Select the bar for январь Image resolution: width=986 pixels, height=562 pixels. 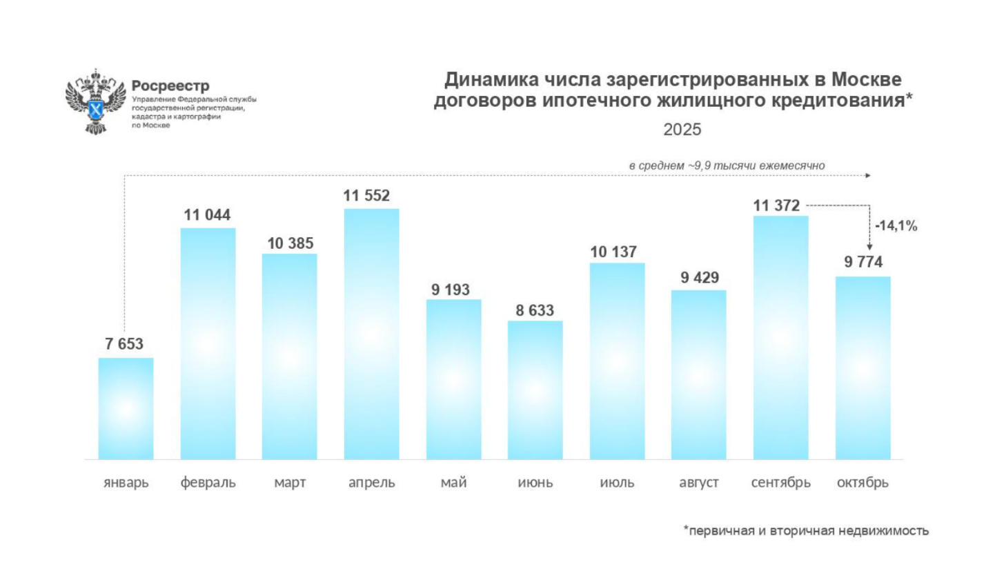tap(126, 408)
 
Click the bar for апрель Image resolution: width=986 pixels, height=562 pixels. tap(371, 334)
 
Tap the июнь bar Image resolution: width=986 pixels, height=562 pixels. tap(535, 390)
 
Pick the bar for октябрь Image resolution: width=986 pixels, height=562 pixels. tap(862, 368)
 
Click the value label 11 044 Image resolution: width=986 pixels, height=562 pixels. tap(207, 215)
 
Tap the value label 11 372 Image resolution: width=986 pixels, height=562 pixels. tap(776, 205)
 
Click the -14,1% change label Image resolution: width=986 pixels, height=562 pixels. tap(896, 225)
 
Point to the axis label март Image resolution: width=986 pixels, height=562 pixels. tap(290, 483)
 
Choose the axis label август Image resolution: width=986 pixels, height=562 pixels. tap(699, 483)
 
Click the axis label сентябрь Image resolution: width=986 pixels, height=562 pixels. tap(781, 483)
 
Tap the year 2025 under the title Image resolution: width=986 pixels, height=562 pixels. tap(682, 129)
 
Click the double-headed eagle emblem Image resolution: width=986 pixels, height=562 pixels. tap(95, 101)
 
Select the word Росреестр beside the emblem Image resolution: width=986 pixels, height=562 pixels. tap(169, 86)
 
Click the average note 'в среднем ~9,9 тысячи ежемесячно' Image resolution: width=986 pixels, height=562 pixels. tap(727, 165)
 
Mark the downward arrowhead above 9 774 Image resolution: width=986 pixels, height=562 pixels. tap(869, 247)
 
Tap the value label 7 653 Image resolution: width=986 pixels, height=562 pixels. tap(125, 345)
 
